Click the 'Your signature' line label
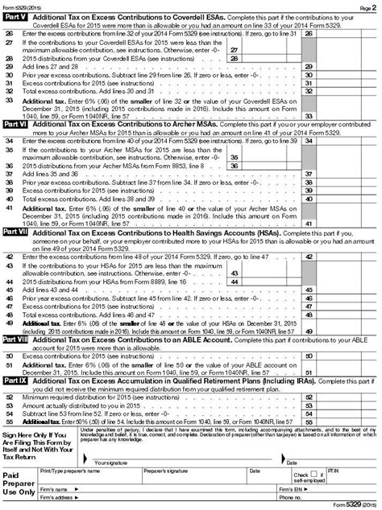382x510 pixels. pyautogui.click(x=110, y=462)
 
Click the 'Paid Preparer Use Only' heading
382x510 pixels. pyautogui.click(x=20, y=481)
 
